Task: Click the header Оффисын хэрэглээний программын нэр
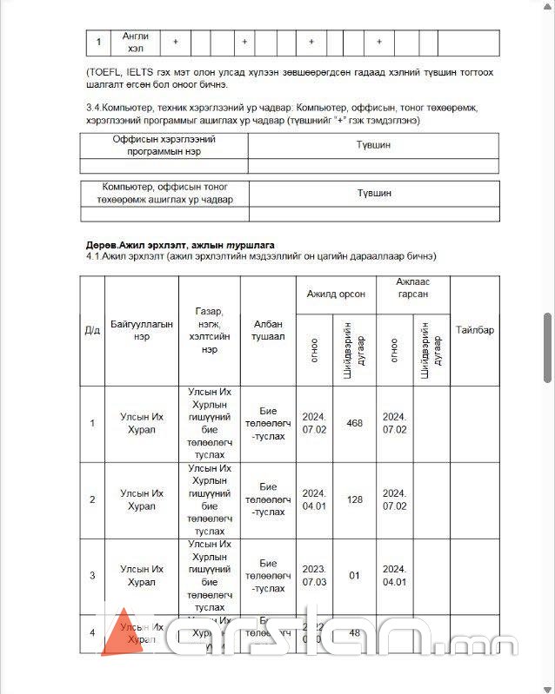coord(164,145)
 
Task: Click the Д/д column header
coord(92,330)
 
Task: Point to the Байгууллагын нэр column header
coord(142,330)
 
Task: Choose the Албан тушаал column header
coord(268,330)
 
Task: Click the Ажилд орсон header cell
coord(336,294)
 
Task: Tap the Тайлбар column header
coord(475,330)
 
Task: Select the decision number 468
coord(354,423)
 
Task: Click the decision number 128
coord(354,499)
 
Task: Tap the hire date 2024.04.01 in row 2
coord(314,499)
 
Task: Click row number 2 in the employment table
coord(92,499)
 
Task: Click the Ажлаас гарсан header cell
coord(413,288)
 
